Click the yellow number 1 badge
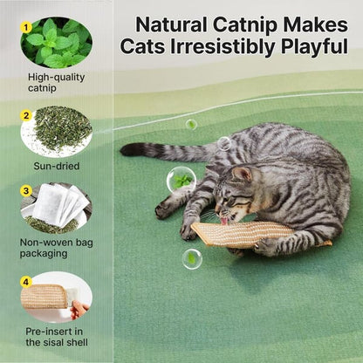pyautogui.click(x=27, y=28)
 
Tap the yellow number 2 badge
pyautogui.click(x=27, y=115)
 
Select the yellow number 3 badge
pyautogui.click(x=27, y=191)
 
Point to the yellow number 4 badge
pyautogui.click(x=27, y=281)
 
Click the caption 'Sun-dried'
pyautogui.click(x=56, y=165)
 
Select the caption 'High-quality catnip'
pyautogui.click(x=56, y=83)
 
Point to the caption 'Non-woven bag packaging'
pyautogui.click(x=56, y=248)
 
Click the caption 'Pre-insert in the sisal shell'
pyautogui.click(x=56, y=335)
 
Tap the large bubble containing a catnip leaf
pyautogui.click(x=181, y=180)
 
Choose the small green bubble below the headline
pyautogui.click(x=191, y=124)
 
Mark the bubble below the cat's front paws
pyautogui.click(x=192, y=258)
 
